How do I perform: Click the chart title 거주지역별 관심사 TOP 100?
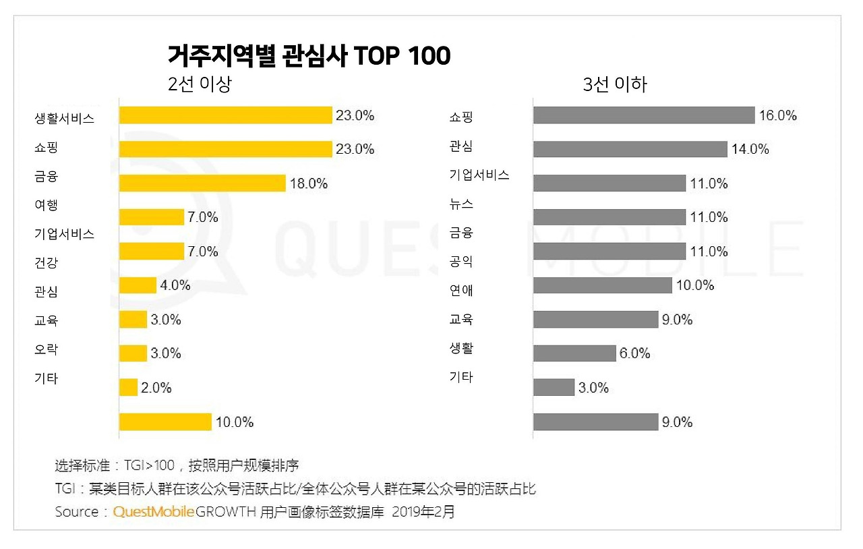pos(309,57)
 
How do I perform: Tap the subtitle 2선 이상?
pos(200,85)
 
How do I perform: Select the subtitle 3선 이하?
pos(614,85)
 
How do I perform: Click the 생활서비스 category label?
pos(64,119)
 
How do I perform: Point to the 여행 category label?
pos(46,205)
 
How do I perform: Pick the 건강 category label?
pos(46,262)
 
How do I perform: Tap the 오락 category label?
pos(46,349)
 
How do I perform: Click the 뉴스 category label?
pos(461,204)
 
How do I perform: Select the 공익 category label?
pos(461,262)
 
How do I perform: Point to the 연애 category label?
pos(461,291)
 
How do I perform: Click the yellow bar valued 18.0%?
pos(202,183)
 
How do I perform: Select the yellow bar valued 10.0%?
pos(165,422)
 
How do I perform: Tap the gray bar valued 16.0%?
pos(643,115)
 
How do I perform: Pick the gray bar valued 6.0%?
pos(574,353)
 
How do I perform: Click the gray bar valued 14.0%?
pos(630,149)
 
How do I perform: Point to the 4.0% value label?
pos(175,285)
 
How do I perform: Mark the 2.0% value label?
pos(156,388)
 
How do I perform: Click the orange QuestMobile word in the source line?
pos(154,512)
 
